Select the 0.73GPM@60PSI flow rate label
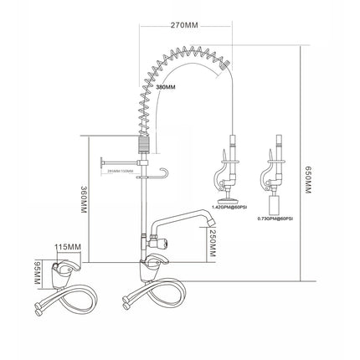click(275, 219)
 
